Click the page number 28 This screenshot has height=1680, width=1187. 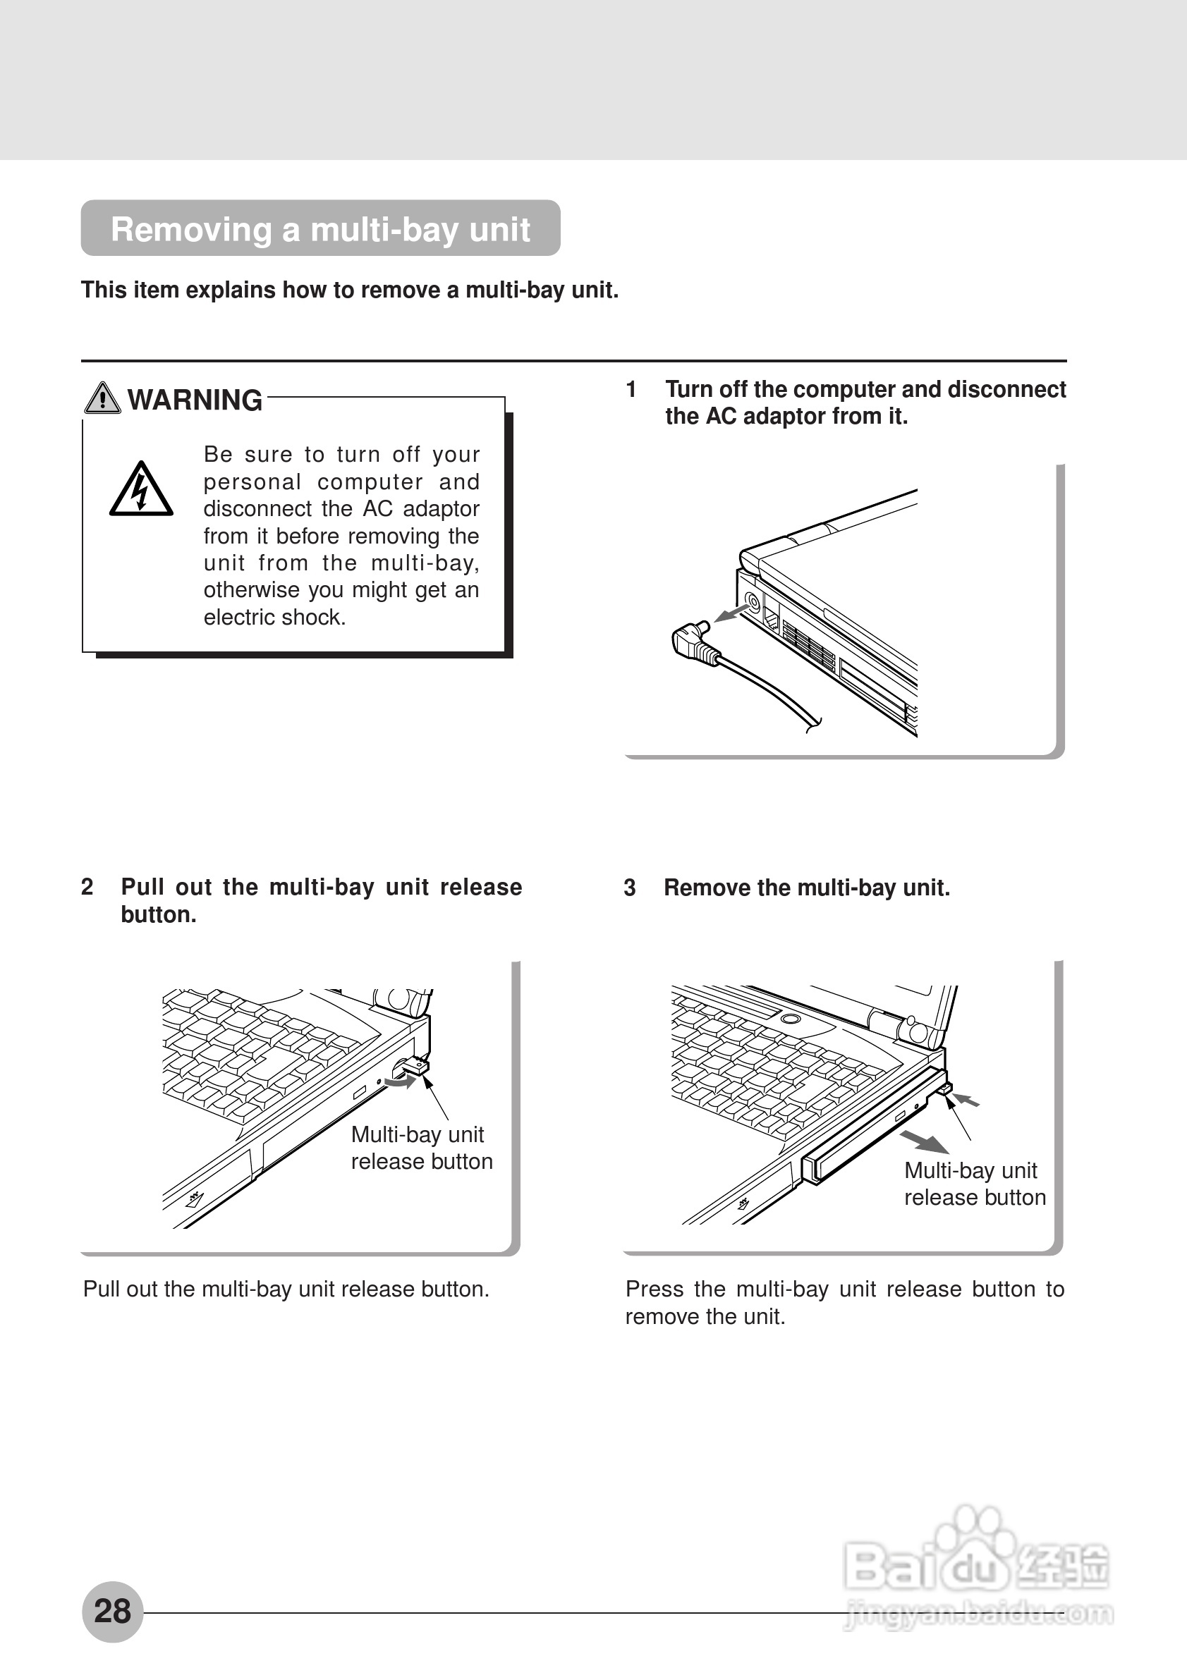(x=112, y=1610)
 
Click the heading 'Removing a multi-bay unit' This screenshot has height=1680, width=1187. (x=319, y=229)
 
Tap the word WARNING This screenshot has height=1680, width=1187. (x=195, y=400)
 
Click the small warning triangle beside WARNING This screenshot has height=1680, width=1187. (x=102, y=399)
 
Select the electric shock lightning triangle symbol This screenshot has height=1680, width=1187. (x=140, y=490)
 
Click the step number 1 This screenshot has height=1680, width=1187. (x=631, y=389)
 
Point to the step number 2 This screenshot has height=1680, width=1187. (x=87, y=887)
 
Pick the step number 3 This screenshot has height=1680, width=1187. (x=629, y=888)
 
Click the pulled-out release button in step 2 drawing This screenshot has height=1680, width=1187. (x=415, y=1066)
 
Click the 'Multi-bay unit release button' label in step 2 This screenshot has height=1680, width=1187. (x=422, y=1148)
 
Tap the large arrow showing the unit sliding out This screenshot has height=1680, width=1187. (x=924, y=1141)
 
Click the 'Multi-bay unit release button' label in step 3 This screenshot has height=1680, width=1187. (x=974, y=1184)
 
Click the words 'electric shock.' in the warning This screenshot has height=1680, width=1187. (x=274, y=618)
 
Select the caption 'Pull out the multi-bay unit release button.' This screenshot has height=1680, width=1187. (x=286, y=1289)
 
